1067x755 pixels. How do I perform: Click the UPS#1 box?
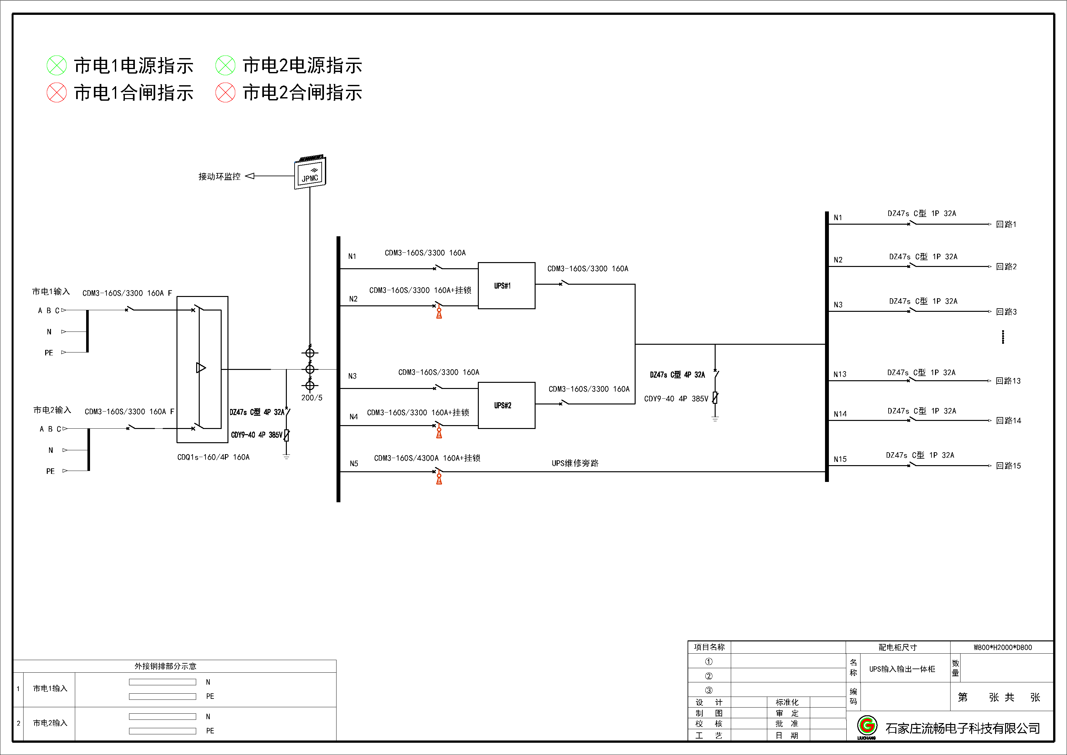(506, 285)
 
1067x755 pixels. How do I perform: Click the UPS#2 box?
(506, 405)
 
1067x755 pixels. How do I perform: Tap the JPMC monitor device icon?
(310, 173)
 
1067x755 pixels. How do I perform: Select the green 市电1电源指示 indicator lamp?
(57, 66)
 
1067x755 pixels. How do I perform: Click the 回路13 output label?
(1008, 381)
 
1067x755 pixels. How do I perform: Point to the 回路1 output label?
(1006, 224)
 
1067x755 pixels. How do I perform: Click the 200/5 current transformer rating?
(311, 397)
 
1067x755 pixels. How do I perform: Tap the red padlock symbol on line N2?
(439, 313)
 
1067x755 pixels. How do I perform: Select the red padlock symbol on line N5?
(439, 479)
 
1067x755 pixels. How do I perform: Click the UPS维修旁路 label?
(575, 463)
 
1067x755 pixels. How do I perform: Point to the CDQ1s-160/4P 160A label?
(213, 457)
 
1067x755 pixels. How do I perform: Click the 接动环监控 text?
(219, 176)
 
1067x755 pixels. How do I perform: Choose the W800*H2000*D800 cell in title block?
(1002, 647)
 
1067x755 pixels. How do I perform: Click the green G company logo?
(867, 726)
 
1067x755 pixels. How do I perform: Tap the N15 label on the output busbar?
(840, 459)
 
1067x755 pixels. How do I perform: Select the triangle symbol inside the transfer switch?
(201, 368)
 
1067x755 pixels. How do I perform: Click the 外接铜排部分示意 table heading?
(166, 666)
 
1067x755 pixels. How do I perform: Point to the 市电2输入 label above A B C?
(52, 410)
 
